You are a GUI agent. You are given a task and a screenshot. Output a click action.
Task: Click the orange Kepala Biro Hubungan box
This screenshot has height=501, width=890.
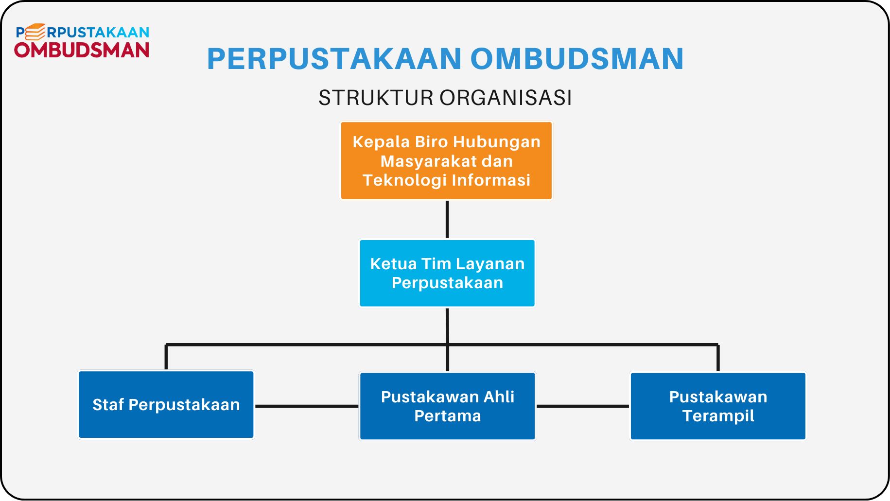[446, 161]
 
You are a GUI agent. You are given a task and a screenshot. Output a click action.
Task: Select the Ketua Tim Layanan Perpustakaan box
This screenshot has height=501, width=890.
[447, 273]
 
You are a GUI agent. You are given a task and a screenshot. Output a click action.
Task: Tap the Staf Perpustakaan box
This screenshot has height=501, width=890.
[166, 405]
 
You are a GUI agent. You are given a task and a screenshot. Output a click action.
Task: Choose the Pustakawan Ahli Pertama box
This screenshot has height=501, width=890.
[447, 406]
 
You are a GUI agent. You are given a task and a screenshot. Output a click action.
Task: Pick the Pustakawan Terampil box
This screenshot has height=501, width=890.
[718, 406]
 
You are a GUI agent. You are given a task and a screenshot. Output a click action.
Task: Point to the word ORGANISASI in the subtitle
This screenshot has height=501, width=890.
[506, 98]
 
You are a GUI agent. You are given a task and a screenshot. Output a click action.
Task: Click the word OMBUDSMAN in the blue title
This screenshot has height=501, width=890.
[577, 59]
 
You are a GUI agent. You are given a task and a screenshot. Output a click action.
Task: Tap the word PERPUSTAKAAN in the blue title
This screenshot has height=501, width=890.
[334, 59]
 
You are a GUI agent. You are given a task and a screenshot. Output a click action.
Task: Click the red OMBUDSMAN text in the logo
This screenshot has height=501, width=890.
[82, 50]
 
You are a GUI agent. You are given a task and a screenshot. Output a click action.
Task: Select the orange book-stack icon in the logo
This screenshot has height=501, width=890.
[35, 32]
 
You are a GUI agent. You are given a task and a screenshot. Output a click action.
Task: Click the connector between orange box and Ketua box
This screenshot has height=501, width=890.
[447, 220]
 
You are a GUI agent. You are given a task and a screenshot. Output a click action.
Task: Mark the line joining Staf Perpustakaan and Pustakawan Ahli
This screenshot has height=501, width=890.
[307, 406]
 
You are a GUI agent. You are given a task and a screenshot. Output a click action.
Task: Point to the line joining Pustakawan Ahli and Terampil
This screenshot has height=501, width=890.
[583, 406]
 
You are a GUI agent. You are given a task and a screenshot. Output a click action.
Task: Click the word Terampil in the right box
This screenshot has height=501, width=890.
[718, 416]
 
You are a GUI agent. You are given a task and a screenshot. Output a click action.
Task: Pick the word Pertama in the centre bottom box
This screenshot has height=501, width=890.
[448, 416]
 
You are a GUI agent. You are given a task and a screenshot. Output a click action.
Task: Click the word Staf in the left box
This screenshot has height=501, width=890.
[108, 405]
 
